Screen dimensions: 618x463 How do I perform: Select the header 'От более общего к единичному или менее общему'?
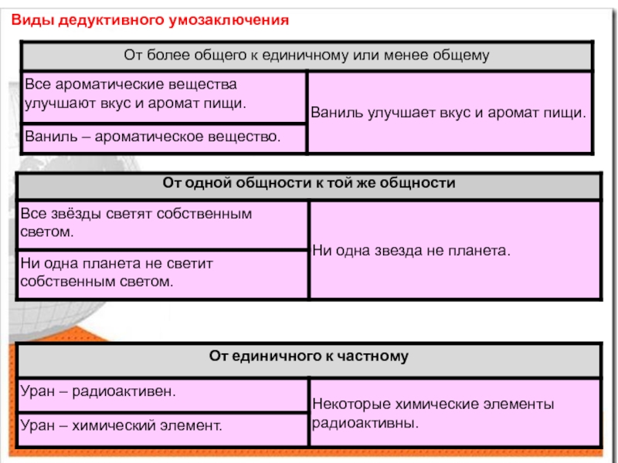(x=307, y=56)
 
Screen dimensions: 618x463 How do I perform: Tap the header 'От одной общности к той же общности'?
(x=309, y=184)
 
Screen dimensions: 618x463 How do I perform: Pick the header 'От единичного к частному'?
(x=309, y=357)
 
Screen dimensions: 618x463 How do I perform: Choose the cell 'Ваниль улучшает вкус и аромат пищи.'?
(x=449, y=112)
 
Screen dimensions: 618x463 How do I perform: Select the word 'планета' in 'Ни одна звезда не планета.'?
(x=480, y=250)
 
